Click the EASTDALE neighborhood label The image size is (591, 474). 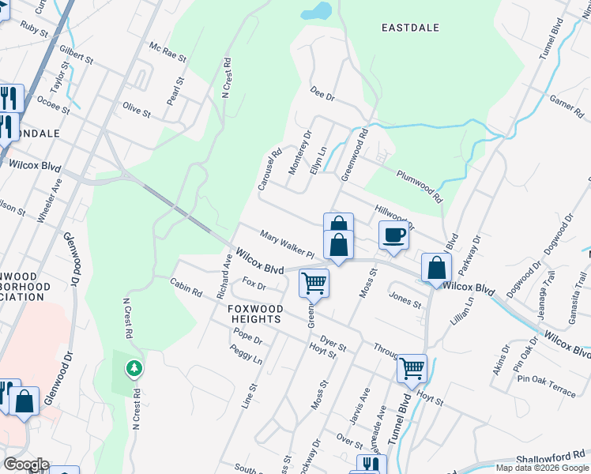[410, 28]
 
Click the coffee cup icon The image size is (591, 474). [393, 235]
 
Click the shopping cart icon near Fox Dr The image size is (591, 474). [314, 282]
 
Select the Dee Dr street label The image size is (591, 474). [323, 94]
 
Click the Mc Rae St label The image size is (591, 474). [168, 52]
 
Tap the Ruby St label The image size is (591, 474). [34, 28]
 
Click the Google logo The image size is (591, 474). [25, 465]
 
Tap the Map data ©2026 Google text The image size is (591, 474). [543, 468]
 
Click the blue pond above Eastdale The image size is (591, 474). [316, 11]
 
